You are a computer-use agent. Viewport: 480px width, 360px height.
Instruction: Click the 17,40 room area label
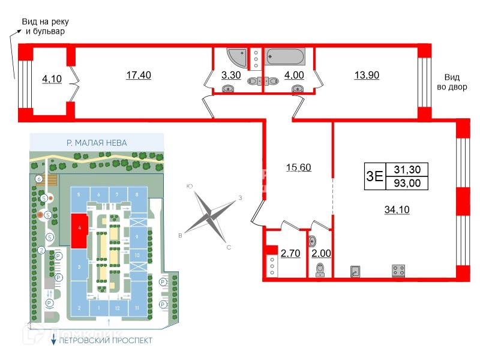click(138, 76)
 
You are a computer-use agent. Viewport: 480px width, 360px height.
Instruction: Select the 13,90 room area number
click(367, 76)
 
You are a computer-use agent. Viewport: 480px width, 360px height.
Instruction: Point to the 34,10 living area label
click(396, 209)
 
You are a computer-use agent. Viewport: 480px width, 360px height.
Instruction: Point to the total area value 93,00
click(406, 182)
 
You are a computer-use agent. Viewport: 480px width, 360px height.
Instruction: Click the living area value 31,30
click(406, 170)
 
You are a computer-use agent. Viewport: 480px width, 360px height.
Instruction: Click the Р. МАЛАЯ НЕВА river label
click(96, 143)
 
